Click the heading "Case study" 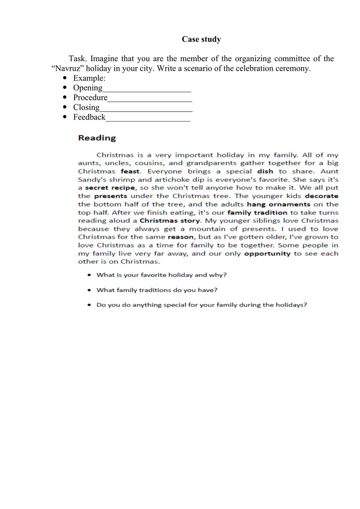(201, 39)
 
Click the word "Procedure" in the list (90, 98)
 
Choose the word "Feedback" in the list (89, 117)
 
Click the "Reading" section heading (97, 138)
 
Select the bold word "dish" (265, 171)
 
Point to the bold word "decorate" (321, 196)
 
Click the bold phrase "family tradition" (257, 212)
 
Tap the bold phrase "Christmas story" (170, 221)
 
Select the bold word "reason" (180, 237)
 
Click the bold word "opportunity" (267, 253)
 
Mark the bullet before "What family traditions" (90, 290)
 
